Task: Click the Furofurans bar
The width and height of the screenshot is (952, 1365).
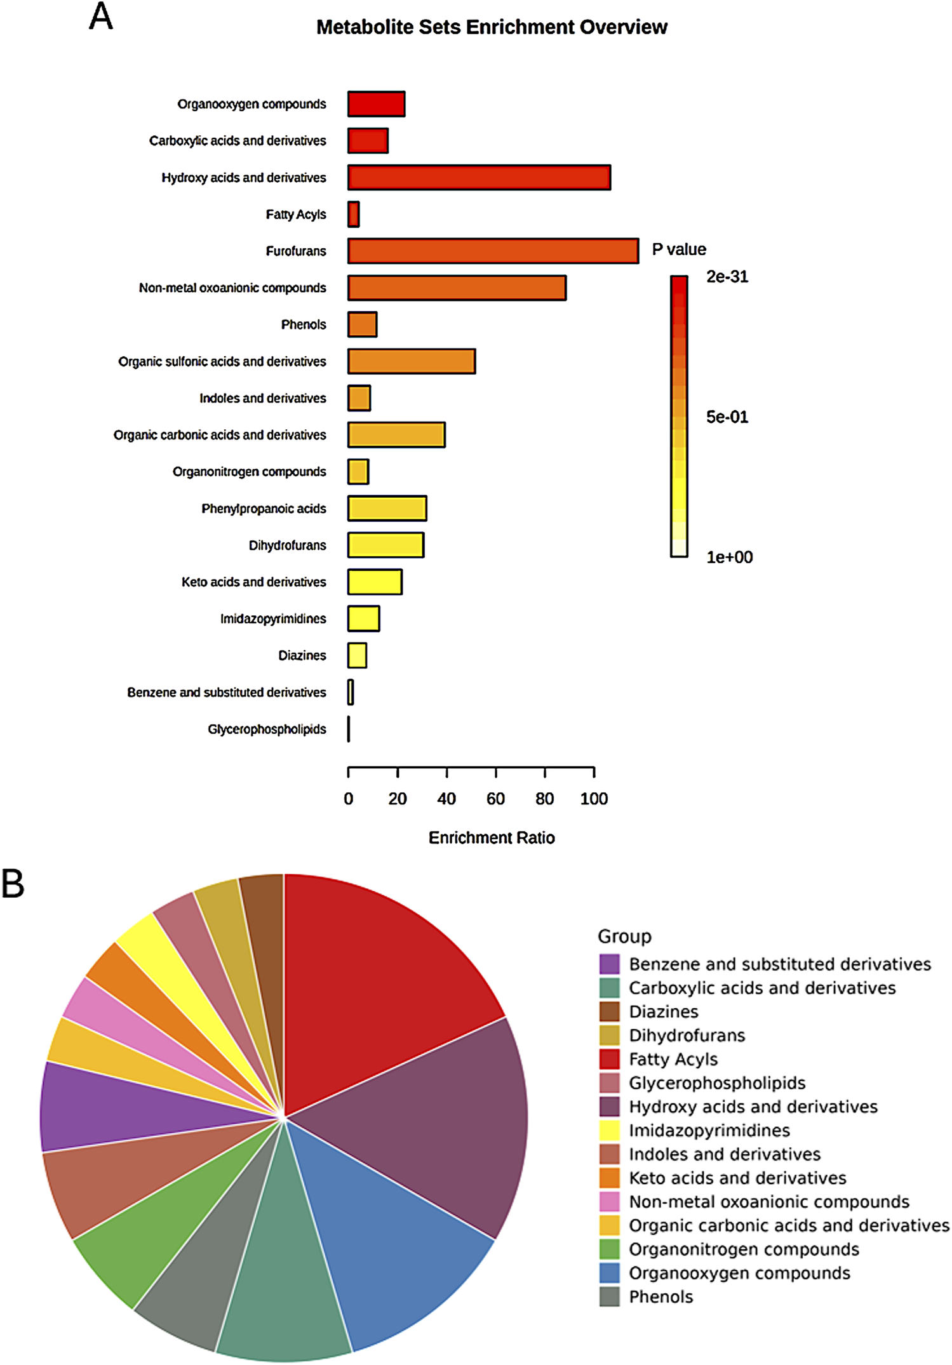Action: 493,251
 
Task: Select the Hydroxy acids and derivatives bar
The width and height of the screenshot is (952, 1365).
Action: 479,177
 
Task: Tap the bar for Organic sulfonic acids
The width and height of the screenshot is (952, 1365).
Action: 412,361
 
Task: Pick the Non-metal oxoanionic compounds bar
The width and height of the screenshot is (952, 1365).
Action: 457,288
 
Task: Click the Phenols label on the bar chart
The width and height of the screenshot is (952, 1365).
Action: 304,324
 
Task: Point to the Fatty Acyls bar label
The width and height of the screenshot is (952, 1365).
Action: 296,215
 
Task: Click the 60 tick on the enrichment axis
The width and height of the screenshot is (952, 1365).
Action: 495,799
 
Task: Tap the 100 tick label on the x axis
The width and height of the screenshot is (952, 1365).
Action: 594,799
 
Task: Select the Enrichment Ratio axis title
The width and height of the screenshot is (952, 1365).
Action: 492,837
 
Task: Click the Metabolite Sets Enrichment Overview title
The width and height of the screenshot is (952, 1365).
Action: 492,27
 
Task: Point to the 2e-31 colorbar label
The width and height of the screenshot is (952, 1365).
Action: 727,277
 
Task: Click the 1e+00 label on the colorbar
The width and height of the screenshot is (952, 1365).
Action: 729,557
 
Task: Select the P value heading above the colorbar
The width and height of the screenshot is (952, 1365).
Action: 679,249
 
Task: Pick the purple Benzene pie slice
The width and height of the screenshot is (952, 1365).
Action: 114,1105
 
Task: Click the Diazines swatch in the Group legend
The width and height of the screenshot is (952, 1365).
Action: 609,1011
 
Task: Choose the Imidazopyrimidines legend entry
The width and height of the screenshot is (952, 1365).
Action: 709,1130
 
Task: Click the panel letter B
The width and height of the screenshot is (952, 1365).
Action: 13,884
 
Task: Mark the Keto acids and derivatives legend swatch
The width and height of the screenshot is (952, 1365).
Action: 609,1178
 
